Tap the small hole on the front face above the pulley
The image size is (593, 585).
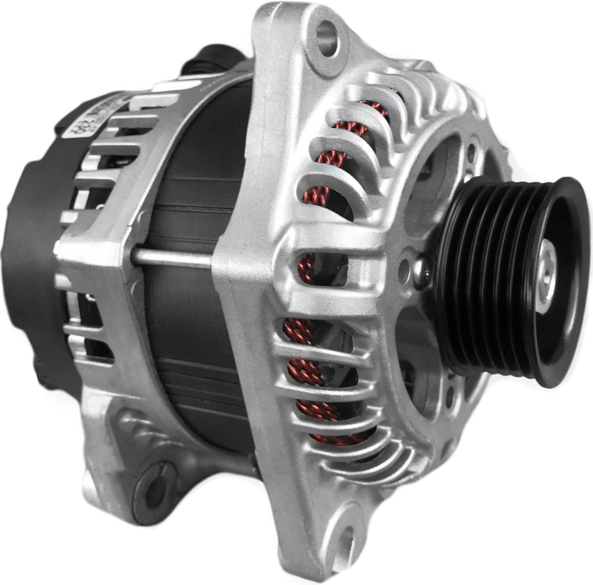(470, 150)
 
